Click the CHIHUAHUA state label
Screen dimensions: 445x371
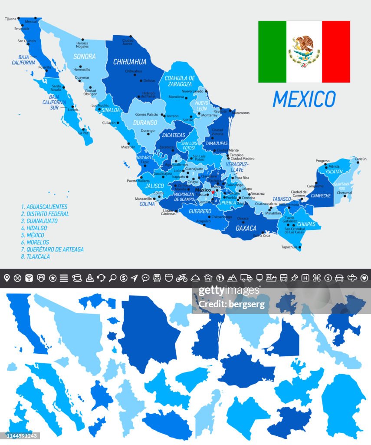(130, 62)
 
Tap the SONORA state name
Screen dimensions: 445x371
(84, 56)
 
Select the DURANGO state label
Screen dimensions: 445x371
(145, 123)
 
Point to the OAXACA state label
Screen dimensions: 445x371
(246, 228)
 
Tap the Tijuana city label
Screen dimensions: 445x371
(10, 19)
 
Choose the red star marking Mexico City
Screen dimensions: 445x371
(213, 192)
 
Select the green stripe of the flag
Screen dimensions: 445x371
(272, 51)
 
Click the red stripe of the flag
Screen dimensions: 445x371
(335, 51)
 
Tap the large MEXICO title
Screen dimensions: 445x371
(304, 99)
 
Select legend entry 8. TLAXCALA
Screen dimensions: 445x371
(36, 256)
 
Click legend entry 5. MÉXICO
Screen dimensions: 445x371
(35, 235)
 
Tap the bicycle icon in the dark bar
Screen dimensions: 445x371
(182, 278)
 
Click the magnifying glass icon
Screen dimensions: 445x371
(112, 278)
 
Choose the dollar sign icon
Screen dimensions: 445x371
(124, 278)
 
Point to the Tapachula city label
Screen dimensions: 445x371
(289, 247)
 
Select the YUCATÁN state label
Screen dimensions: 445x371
(334, 172)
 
